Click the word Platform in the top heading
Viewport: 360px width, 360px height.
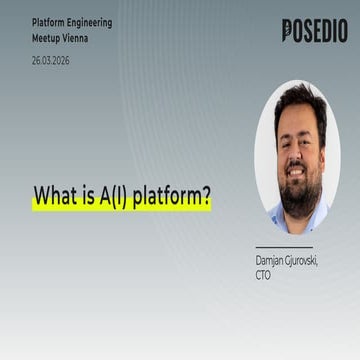[48, 23]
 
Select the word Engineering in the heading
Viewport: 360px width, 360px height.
[90, 24]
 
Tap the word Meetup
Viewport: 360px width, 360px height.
[46, 39]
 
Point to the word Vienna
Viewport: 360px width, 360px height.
[76, 38]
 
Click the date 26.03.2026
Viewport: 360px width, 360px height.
[51, 61]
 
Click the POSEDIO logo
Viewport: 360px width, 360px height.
[315, 30]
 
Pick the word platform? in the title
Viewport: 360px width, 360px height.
[172, 197]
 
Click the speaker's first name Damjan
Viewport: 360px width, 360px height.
[270, 261]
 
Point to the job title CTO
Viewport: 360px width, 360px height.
[263, 276]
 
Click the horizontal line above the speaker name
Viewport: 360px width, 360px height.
[284, 247]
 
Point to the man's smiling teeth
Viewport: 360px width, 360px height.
[297, 173]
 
